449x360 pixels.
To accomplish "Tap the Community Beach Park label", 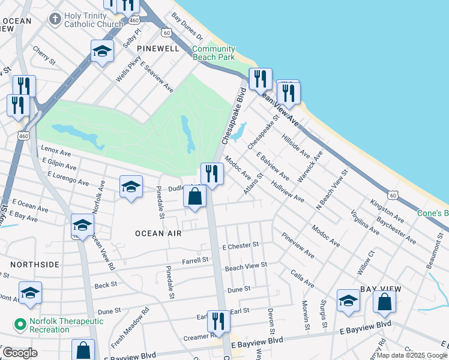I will tap(213, 53).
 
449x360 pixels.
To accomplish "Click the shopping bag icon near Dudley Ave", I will tap(195, 196).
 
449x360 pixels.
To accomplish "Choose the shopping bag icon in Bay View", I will tap(384, 301).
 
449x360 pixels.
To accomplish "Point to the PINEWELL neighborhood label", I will tap(158, 48).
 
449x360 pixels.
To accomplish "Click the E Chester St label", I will tap(240, 245).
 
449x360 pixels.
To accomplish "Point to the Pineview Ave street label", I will tap(297, 245).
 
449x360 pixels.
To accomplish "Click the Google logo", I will tap(20, 353).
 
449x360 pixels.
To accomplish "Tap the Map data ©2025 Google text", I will tap(411, 355).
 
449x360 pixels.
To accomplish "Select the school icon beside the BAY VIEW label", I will tap(348, 301).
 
